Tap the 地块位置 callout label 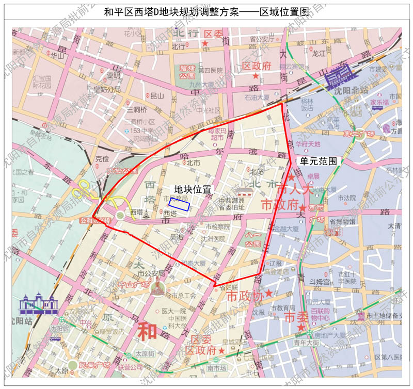[192, 189]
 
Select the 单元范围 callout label [319, 161]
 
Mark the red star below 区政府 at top [257, 76]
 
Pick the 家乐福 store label [379, 102]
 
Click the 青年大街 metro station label [307, 342]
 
